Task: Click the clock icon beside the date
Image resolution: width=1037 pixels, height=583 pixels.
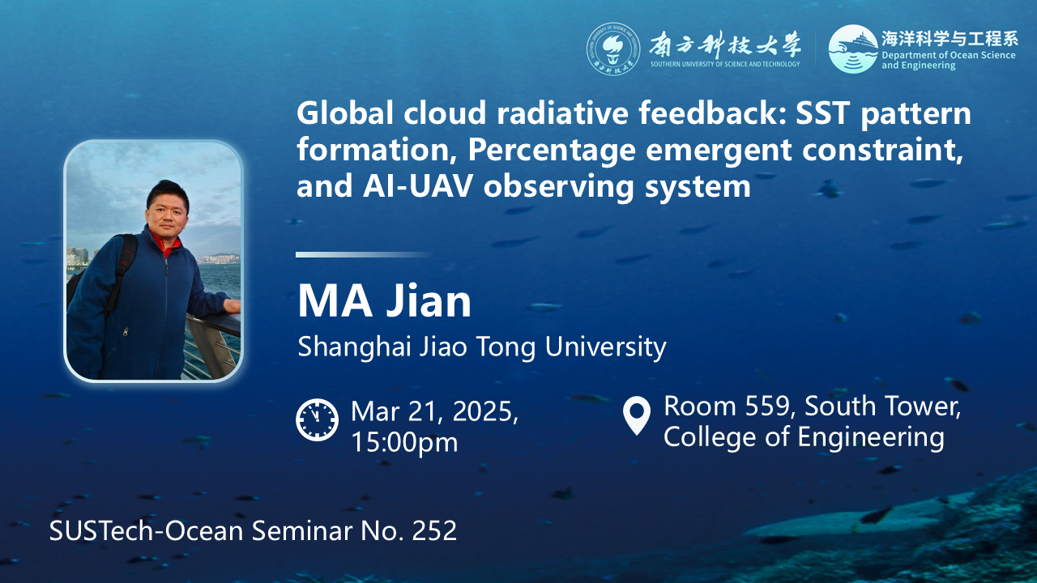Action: point(317,419)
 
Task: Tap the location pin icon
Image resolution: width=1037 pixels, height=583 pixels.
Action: point(637,415)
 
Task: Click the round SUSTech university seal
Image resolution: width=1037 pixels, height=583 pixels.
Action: point(613,49)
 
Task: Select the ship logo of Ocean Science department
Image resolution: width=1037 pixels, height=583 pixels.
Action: point(852,49)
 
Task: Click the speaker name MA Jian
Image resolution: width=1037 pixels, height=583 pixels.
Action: point(384,301)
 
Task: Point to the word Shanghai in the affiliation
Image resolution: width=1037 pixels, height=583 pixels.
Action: point(355,347)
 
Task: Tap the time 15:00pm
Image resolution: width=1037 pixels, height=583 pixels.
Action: point(404,442)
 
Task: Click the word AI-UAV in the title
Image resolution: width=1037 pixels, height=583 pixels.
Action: point(417,186)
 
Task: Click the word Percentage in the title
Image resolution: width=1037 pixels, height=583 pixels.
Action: point(552,151)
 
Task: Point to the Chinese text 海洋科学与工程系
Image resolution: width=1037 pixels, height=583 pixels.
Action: point(950,39)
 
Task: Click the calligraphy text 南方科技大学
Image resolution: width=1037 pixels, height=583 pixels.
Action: point(724,45)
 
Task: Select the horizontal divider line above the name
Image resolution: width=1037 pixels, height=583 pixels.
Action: point(364,254)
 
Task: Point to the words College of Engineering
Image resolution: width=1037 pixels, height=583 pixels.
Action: point(804,437)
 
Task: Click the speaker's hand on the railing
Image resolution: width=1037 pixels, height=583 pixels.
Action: point(232,305)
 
